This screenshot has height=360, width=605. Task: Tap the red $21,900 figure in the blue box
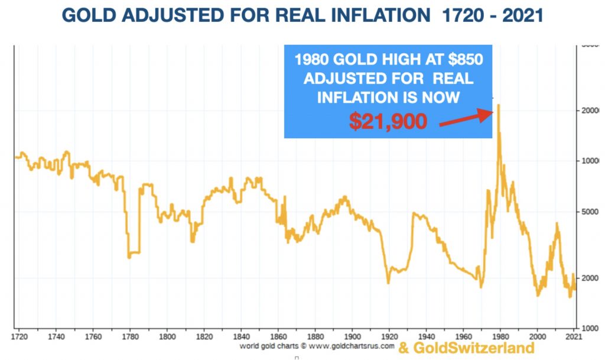pyautogui.click(x=387, y=121)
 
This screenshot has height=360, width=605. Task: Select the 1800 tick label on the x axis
pyautogui.click(x=167, y=336)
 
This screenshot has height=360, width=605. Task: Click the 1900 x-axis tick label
pyautogui.click(x=352, y=336)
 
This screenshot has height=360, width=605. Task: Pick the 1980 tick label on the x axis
pyautogui.click(x=500, y=336)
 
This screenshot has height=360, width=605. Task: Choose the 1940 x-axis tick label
pyautogui.click(x=426, y=336)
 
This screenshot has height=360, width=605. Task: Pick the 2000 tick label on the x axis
pyautogui.click(x=537, y=336)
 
